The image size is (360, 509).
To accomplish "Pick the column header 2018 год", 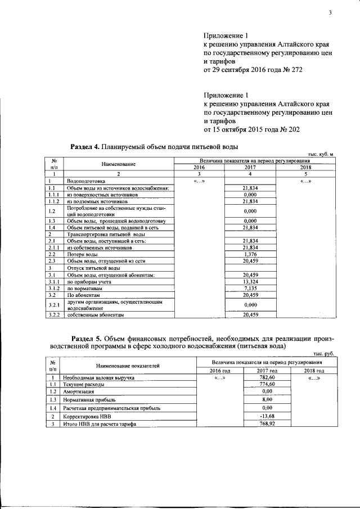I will click(x=314, y=371).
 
